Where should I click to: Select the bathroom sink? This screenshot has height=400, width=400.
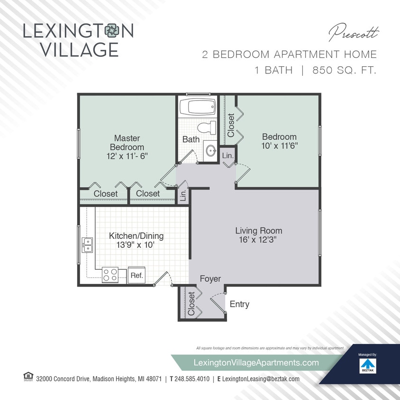pos(210,151)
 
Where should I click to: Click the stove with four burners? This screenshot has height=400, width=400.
pos(110,275)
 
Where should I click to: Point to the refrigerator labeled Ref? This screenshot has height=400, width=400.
pos(136,275)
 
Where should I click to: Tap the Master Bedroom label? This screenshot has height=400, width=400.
pos(127,143)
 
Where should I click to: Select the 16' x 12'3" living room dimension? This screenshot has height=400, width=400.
pos(259,240)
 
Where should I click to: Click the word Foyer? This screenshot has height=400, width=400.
pos(210,279)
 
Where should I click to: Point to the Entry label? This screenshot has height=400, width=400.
pos(239,304)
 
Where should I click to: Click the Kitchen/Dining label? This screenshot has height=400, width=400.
pos(136,236)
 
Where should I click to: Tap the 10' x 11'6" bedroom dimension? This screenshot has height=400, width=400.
pos(279,145)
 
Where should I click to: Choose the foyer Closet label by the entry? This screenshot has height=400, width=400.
pos(191,304)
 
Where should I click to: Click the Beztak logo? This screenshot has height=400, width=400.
pos(367,365)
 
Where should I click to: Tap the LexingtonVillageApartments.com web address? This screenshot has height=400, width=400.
pos(256,362)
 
